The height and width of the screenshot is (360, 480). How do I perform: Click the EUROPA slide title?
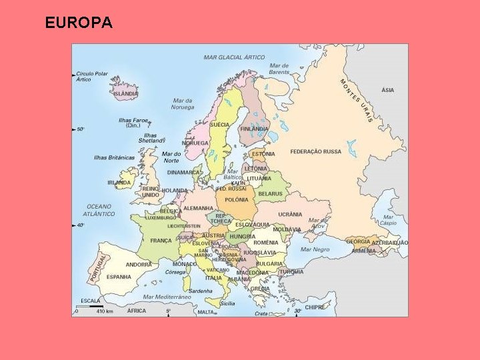pos(79,23)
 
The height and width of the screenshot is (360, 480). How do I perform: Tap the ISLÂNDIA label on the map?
pos(126,94)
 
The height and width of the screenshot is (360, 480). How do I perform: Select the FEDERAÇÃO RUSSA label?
pos(315,152)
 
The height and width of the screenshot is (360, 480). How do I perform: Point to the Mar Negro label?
pos(315,250)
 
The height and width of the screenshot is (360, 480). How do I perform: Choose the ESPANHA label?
pos(119,277)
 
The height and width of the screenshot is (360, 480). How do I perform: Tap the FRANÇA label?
pos(161,241)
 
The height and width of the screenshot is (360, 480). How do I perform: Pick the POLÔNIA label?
pos(236,200)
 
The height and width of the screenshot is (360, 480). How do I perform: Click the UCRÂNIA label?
pos(290,215)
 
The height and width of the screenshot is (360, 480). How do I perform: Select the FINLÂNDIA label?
pos(254,129)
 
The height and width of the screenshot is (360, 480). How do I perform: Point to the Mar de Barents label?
pos(279,68)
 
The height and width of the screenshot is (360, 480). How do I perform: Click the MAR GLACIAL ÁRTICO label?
pos(234,57)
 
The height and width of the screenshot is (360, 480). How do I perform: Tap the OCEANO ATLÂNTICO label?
pos(99,210)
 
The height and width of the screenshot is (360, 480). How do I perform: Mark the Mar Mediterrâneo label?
pos(167,297)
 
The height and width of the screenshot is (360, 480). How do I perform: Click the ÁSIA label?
pos(387,90)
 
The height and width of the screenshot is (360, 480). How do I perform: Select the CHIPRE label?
pos(315,307)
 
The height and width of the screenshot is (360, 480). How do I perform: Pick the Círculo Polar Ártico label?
pos(92,76)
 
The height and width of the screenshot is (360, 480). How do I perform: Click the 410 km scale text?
pos(105,311)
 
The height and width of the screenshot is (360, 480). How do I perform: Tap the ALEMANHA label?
pos(198,208)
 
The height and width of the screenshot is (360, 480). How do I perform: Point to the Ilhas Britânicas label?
pos(114,158)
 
